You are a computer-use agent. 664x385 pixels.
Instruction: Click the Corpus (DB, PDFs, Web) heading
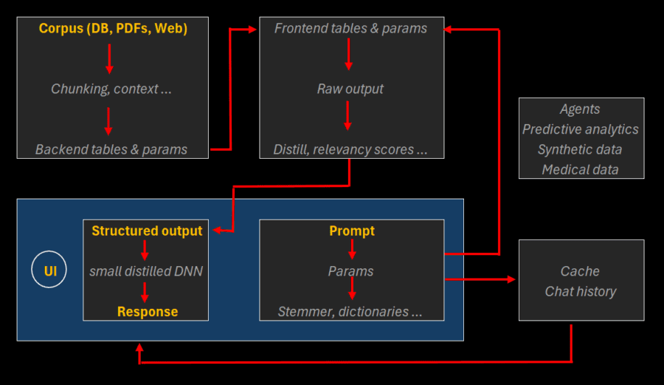113,29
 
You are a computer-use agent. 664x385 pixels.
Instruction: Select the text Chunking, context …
111,89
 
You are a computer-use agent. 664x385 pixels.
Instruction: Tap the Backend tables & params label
111,149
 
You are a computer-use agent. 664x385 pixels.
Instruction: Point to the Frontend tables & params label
350,29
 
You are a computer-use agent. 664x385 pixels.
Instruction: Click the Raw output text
350,89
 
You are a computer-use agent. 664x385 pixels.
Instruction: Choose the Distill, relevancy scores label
350,149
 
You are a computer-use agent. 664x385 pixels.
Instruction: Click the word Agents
580,109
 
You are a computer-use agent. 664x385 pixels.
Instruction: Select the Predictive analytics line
581,129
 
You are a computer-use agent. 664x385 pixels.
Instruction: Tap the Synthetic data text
580,149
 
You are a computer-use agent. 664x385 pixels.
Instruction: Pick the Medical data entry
580,169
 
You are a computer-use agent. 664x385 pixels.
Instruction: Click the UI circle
50,271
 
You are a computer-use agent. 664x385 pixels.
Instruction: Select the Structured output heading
147,231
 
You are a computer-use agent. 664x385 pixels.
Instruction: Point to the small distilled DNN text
146,271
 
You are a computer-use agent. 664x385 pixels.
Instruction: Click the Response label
148,311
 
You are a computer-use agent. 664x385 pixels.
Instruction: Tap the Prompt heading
352,231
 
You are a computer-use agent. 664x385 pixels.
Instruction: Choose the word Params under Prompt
350,271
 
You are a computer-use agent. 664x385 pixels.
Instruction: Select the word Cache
580,271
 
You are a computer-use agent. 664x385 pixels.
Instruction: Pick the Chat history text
580,291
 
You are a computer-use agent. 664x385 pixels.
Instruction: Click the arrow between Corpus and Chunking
109,58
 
